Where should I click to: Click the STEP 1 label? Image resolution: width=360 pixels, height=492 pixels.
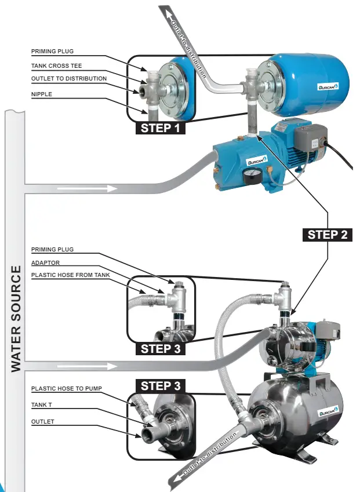tap(161, 128)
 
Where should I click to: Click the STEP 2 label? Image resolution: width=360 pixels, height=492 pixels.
tap(328, 235)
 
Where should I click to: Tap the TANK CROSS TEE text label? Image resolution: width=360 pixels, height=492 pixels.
tap(56, 66)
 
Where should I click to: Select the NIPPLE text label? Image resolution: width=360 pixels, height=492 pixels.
tap(42, 94)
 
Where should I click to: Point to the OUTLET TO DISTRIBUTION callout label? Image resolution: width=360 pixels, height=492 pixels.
tap(69, 79)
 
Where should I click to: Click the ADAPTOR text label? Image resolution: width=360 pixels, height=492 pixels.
tap(46, 263)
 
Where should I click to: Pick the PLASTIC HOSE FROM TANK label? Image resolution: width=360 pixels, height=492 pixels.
tap(71, 275)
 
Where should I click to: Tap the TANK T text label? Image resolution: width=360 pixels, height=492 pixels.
tap(41, 404)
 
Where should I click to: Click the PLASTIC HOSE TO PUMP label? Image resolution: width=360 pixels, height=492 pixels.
tap(67, 388)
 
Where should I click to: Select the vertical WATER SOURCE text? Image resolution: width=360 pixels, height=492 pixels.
tap(16, 319)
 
